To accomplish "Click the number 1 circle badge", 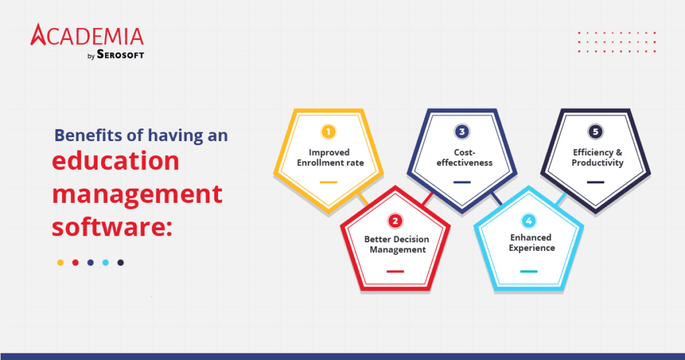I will (328, 132).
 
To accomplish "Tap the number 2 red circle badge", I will (395, 220).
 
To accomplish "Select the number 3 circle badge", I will (462, 132).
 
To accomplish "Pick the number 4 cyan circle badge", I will (528, 220).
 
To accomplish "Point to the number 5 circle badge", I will (595, 132).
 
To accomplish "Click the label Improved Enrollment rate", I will (328, 157).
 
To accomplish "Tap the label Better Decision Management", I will (395, 244).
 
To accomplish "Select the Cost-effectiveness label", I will (462, 157).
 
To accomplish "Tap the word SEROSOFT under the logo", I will (121, 56).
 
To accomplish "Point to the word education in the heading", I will (116, 162).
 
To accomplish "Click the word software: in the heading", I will (112, 227).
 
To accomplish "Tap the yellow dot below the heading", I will (60, 263).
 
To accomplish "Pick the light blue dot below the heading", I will (106, 263).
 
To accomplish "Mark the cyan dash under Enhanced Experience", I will (528, 271).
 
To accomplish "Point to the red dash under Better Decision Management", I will (395, 271).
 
